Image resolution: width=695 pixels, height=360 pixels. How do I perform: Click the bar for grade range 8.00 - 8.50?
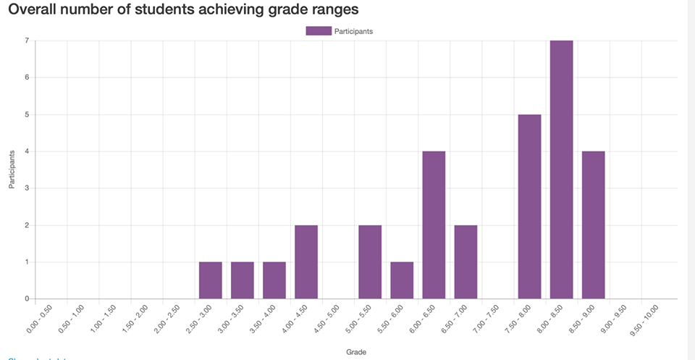tap(561, 169)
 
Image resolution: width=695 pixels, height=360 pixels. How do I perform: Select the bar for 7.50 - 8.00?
tap(529, 206)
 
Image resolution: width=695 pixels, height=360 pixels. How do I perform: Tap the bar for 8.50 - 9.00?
tap(593, 225)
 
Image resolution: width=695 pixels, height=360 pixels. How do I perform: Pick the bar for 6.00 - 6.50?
tap(434, 225)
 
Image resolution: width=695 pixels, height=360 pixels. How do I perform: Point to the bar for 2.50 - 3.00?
tap(211, 280)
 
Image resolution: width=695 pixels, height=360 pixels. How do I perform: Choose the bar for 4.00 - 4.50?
tap(306, 261)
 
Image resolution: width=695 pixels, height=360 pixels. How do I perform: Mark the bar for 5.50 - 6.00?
tap(402, 280)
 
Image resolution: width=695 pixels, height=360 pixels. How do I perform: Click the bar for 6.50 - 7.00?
tap(466, 261)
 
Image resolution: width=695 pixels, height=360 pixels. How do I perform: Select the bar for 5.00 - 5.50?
tap(370, 261)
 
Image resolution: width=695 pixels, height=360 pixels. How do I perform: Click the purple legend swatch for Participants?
tap(319, 30)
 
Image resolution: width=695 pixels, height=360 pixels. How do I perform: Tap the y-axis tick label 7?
tap(26, 41)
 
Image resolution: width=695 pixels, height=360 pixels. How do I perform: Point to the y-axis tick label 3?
tap(26, 188)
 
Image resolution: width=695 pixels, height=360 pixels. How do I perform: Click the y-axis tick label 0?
tap(26, 298)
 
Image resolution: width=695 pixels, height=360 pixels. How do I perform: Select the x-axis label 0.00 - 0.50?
tap(41, 319)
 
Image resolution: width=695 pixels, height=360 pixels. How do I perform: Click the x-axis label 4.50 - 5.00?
tap(327, 319)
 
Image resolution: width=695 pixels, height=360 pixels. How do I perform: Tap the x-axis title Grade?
tap(355, 352)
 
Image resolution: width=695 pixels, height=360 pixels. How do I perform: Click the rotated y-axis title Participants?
tap(12, 169)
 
